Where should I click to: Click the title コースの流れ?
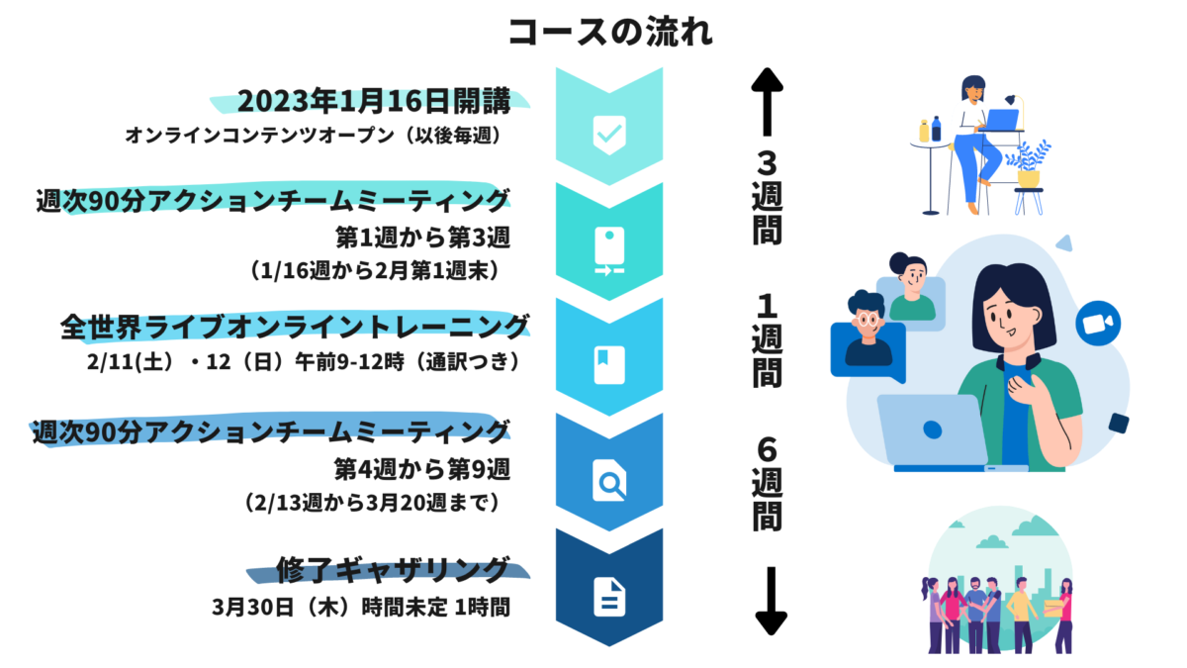click(610, 32)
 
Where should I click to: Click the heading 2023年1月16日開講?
click(374, 101)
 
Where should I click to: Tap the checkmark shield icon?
click(609, 135)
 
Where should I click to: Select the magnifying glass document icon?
click(609, 480)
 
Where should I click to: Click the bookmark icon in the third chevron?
click(609, 365)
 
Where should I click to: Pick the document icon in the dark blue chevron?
click(609, 597)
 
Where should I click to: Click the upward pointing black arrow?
click(767, 101)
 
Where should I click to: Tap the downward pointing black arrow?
click(771, 601)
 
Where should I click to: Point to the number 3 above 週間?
click(767, 163)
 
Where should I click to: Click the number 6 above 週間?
click(767, 449)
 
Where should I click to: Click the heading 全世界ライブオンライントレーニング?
click(295, 327)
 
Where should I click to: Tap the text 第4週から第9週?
click(422, 469)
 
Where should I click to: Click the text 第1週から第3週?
click(423, 237)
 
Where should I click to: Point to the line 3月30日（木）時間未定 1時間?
click(361, 607)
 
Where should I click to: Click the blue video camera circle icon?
click(1098, 324)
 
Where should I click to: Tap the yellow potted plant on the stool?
click(1029, 164)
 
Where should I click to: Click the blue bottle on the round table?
click(937, 129)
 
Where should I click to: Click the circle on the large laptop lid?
click(932, 429)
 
